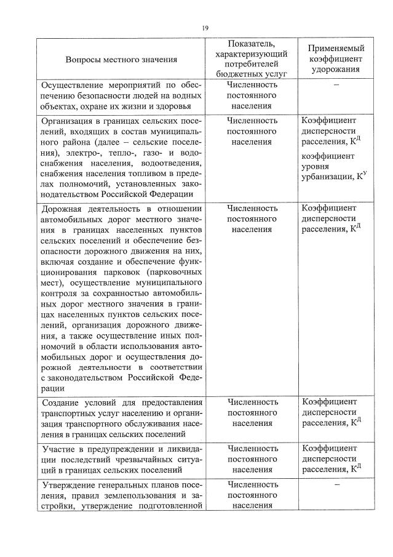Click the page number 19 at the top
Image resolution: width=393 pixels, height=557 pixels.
click(x=205, y=28)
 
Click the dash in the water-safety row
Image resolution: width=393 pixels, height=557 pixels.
click(x=336, y=86)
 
